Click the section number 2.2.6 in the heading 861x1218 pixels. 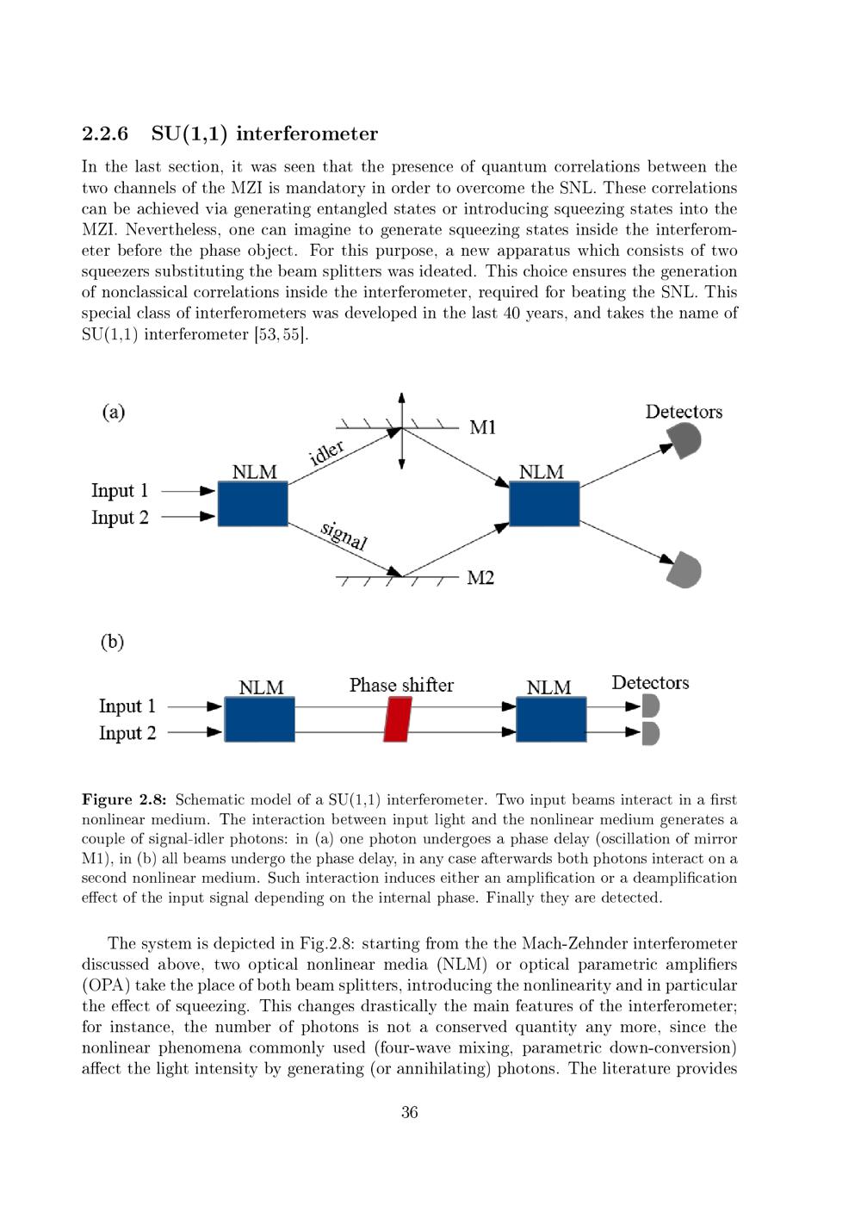(x=105, y=134)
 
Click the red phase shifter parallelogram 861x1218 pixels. (x=397, y=719)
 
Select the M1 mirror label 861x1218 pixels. (x=482, y=427)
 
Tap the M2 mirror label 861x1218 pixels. (x=480, y=577)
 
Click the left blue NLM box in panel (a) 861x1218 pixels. (x=252, y=504)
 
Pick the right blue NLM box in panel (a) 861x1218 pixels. (x=544, y=504)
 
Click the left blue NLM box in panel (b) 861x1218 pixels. (x=259, y=719)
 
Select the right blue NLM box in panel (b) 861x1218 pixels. (x=551, y=719)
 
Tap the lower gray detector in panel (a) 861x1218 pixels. (x=685, y=570)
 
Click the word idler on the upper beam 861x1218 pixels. (x=327, y=451)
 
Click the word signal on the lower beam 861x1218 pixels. (x=344, y=535)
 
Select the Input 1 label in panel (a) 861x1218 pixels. (x=120, y=490)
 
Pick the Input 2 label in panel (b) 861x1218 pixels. (x=127, y=733)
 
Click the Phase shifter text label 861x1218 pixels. (x=401, y=685)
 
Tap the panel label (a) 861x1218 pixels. (x=114, y=412)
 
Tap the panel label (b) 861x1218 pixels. (x=113, y=642)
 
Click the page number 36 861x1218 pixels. (x=410, y=1112)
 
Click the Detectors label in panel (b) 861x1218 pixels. (x=650, y=682)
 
